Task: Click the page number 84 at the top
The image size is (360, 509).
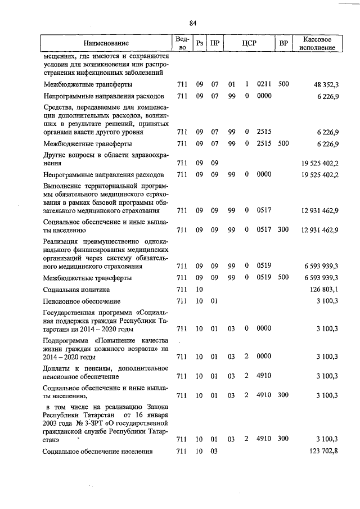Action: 192,23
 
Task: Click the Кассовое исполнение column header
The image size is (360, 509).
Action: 319,43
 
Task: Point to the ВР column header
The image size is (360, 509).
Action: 284,43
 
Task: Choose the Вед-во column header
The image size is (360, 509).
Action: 182,43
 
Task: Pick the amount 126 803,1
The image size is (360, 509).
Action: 323,290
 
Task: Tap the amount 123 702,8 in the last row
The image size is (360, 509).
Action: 321,452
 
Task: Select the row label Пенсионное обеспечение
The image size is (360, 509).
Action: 82,301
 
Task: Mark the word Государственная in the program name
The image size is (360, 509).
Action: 73,312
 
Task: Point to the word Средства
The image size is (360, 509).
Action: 60,107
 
